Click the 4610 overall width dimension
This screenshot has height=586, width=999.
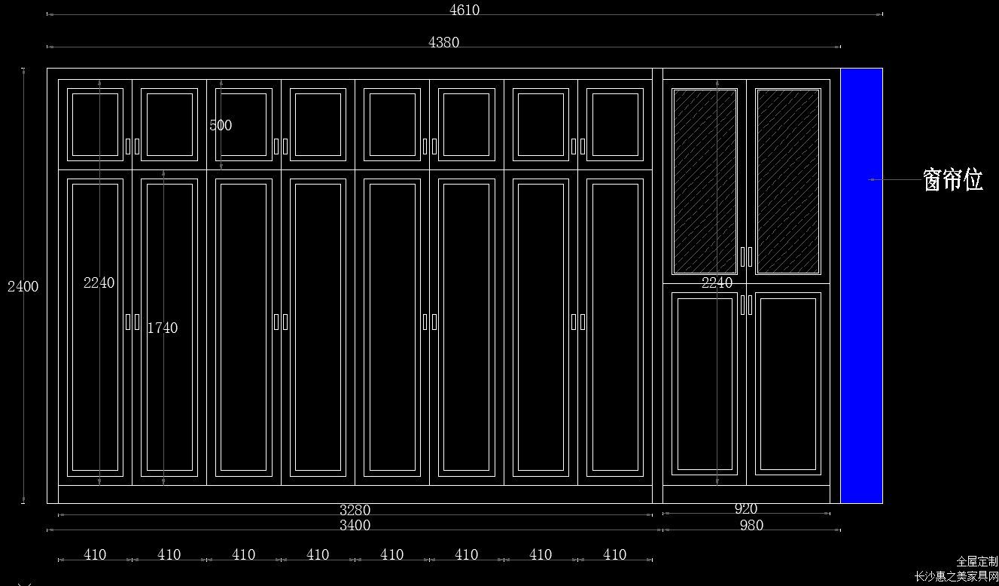[464, 10]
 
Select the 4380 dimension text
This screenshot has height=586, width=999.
[443, 42]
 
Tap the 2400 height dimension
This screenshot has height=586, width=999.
[23, 286]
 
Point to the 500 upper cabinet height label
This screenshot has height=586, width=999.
[221, 125]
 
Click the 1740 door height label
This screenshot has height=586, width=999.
[163, 328]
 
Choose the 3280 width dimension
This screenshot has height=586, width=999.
[355, 510]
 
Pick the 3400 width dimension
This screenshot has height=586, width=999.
[355, 525]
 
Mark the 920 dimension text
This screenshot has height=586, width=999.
[746, 508]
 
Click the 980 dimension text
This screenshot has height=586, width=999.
[751, 525]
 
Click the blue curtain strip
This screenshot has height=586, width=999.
[862, 285]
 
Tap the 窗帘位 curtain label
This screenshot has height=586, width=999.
[952, 180]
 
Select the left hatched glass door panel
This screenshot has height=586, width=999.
[705, 182]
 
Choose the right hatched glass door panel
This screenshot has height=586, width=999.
[788, 182]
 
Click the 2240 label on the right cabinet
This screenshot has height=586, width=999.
[717, 282]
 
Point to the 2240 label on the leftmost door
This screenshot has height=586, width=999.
[99, 282]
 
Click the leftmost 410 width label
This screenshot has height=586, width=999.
[95, 554]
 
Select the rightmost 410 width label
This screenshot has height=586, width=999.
[614, 554]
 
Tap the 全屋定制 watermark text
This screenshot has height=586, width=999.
[976, 561]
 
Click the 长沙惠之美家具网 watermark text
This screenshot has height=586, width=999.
[956, 576]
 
